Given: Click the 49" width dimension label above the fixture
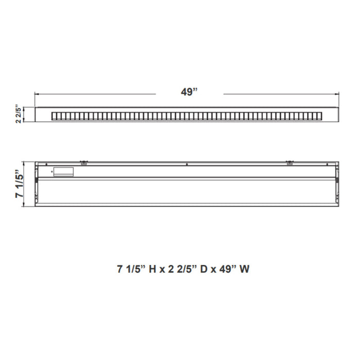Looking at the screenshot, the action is coord(189,92).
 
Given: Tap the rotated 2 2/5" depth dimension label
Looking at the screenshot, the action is coord(19,114).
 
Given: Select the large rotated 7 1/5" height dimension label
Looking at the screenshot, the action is coord(20,184).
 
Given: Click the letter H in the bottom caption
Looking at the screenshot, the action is coord(152,269).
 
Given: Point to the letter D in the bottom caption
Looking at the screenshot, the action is coord(204,269).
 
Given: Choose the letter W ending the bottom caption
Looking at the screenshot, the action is coord(244,269).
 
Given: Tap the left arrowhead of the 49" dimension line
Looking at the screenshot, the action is coord(36,94).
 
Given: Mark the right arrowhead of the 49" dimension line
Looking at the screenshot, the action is coord(337,94).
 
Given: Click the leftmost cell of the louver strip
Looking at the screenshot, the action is coord(54,116).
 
